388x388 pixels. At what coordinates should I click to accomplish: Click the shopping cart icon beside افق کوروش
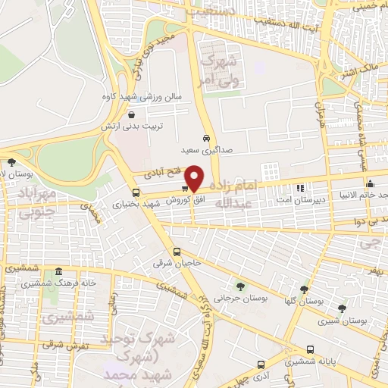pyautogui.click(x=185, y=189)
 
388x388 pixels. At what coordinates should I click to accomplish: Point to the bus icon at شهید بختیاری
pyautogui.click(x=136, y=192)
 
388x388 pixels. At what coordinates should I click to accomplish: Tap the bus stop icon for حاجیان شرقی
pyautogui.click(x=177, y=252)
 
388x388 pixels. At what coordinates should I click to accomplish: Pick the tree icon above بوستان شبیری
pyautogui.click(x=342, y=308)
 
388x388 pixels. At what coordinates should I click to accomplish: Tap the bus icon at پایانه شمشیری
pyautogui.click(x=311, y=349)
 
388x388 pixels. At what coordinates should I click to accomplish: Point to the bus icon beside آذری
pyautogui.click(x=261, y=364)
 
